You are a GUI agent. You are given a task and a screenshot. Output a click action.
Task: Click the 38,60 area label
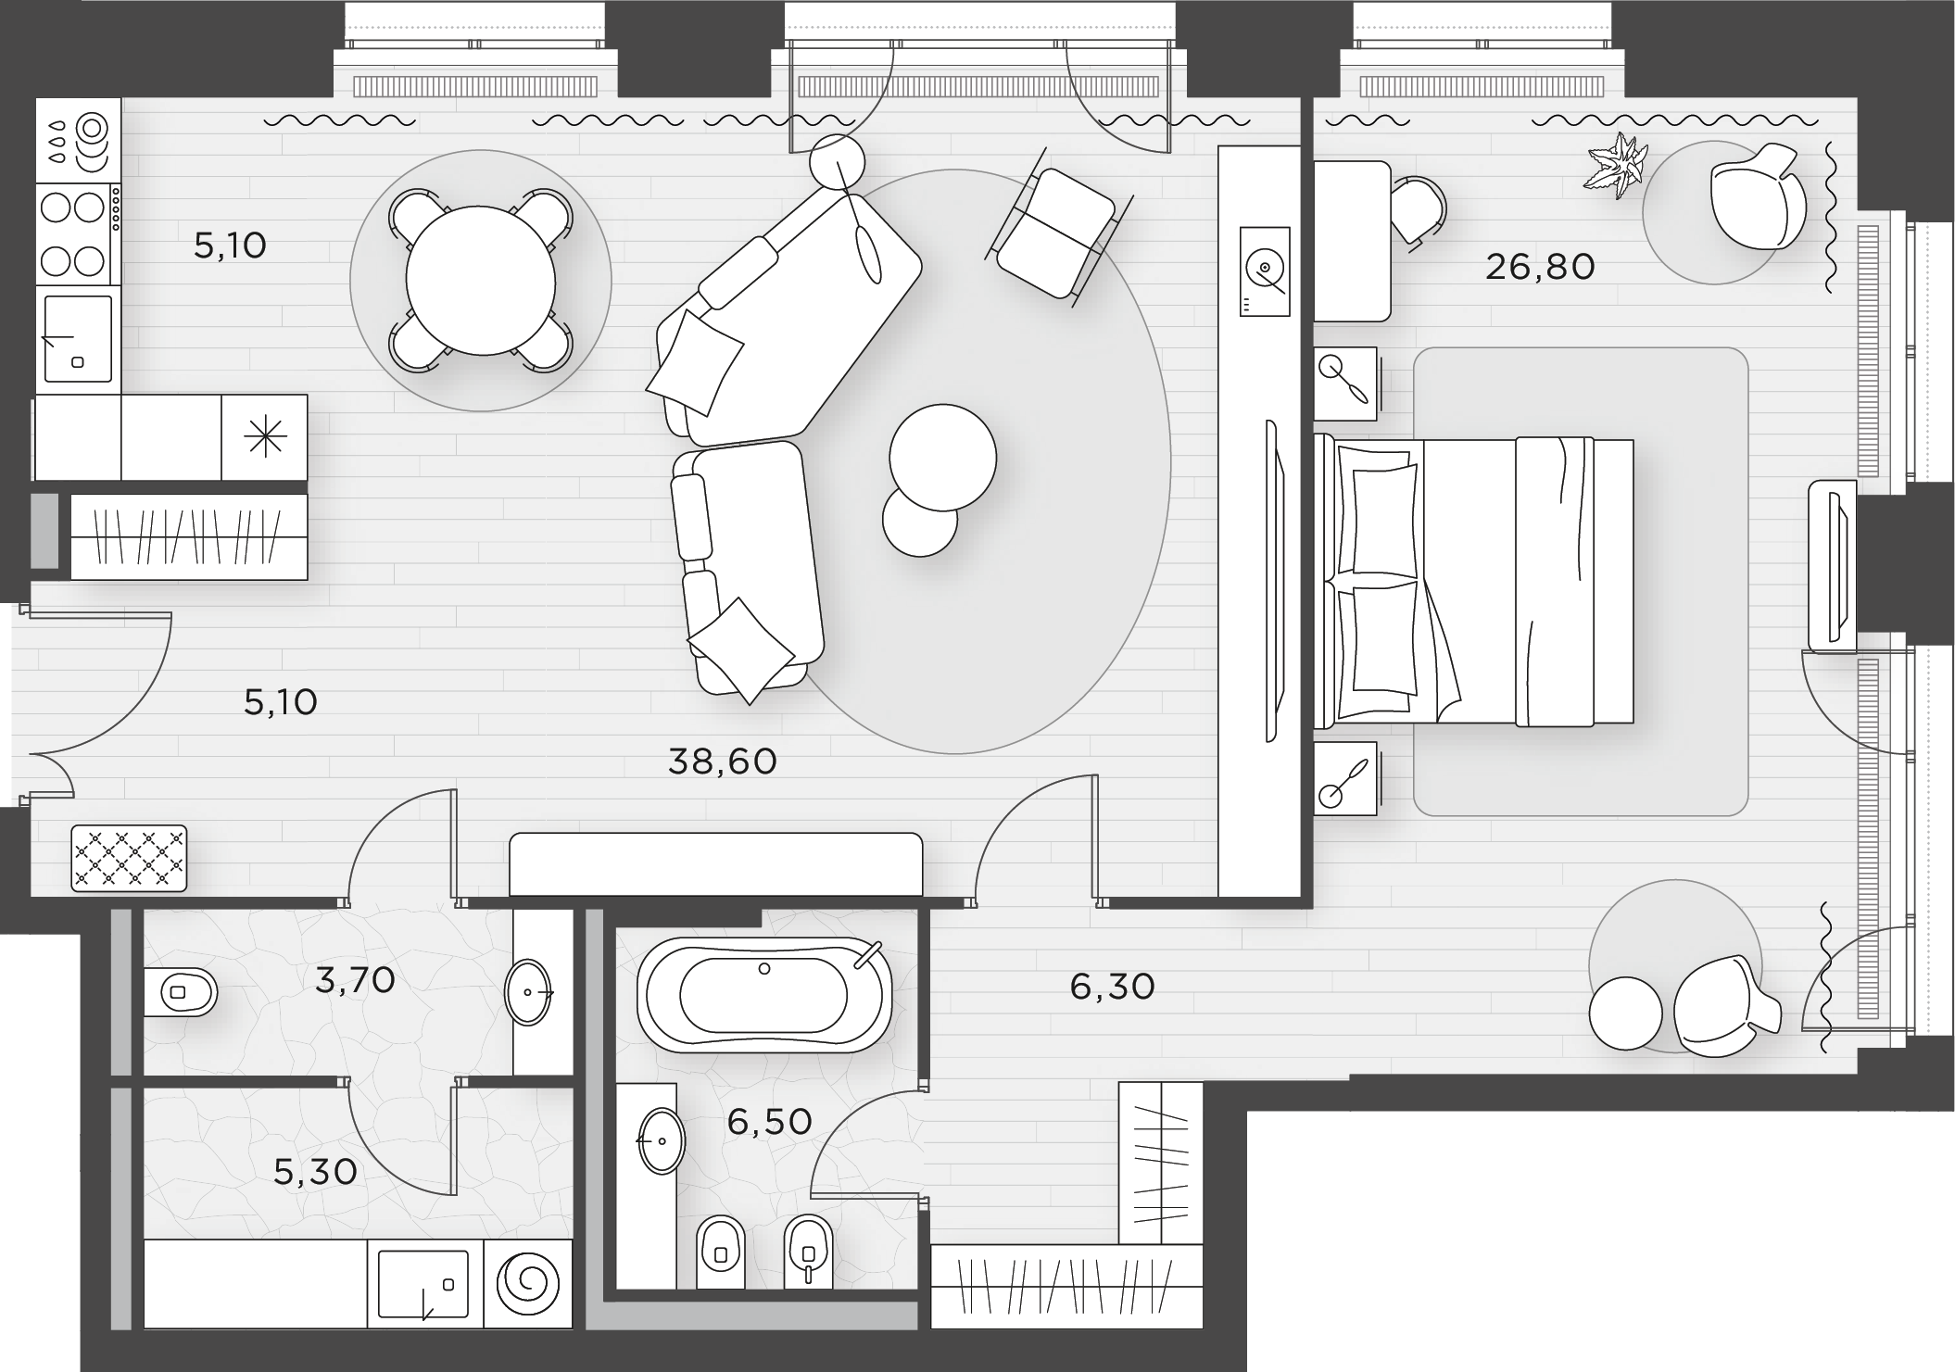click(722, 762)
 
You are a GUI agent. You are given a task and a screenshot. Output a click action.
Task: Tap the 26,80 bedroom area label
click(1540, 267)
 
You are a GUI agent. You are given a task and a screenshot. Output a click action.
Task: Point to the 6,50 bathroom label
click(769, 1122)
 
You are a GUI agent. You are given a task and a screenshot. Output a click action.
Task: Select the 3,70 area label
click(355, 979)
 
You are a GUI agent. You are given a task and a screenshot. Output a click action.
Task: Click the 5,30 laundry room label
click(315, 1172)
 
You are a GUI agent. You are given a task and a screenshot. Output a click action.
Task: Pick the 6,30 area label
click(1112, 987)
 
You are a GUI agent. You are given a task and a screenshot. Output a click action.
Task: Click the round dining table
click(480, 281)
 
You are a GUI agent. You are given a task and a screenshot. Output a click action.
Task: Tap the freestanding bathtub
click(764, 995)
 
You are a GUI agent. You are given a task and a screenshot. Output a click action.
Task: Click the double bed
click(1473, 581)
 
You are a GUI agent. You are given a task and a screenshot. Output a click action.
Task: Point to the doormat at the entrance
click(129, 859)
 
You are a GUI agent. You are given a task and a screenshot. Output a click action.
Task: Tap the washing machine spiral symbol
click(528, 1283)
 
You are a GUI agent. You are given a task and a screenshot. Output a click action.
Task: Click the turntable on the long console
click(1264, 271)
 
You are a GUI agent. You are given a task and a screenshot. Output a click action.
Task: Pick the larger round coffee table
click(942, 457)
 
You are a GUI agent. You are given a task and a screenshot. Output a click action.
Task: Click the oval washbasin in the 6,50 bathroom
click(661, 1140)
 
